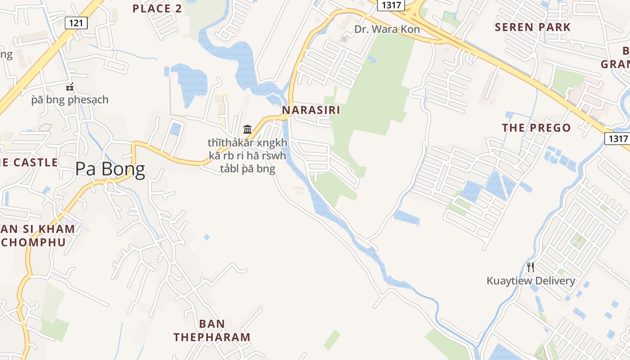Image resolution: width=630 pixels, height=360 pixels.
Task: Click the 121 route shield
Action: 76,23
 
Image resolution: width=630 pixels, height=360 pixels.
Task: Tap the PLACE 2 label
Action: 157,9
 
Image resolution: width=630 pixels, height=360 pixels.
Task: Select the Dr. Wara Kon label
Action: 387,30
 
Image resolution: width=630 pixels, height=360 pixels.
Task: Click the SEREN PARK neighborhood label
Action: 533,27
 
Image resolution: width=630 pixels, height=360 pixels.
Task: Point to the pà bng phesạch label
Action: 70,99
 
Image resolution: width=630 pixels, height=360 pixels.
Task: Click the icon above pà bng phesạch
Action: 70,86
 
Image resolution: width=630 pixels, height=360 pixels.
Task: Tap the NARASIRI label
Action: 311,110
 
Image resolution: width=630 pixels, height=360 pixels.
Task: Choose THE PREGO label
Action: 536,128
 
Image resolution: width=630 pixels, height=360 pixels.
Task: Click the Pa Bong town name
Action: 110,169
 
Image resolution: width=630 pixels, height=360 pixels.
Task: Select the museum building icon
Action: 247,130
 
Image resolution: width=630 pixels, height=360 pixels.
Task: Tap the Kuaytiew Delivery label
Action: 531,281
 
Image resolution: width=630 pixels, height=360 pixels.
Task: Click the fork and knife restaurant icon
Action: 531,267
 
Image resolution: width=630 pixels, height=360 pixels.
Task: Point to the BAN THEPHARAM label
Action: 212,330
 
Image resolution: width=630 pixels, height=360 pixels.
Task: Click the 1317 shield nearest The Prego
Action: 616,138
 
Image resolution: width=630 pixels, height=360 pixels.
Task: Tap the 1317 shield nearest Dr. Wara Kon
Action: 390,5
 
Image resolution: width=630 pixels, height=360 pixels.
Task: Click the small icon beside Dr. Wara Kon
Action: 344,39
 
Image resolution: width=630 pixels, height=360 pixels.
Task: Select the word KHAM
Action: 57,229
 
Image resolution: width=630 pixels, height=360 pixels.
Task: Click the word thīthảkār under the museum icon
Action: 225,143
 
